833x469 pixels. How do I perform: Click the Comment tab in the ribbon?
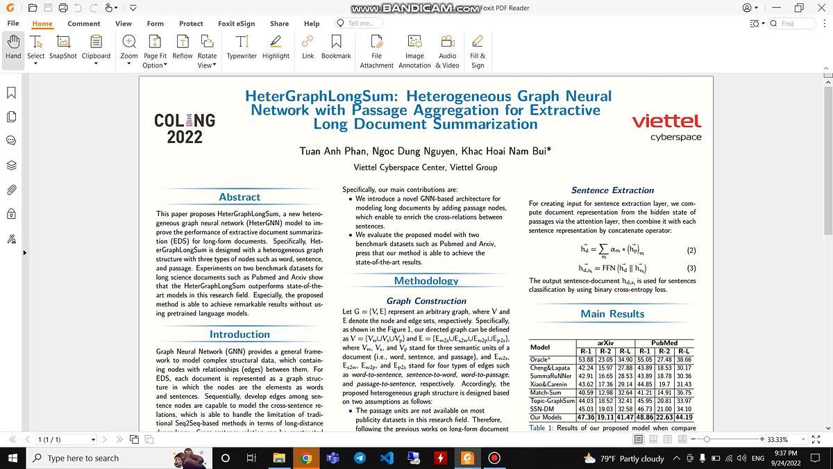83,23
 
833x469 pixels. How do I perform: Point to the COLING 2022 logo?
185,129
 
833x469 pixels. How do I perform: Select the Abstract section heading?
239,197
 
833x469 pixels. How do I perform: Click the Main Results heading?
612,314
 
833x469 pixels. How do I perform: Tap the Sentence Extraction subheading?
612,190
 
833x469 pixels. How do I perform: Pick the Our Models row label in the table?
546,418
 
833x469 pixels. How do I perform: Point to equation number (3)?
691,268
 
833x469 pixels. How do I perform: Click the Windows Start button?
12,458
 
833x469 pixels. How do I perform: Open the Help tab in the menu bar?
312,23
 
